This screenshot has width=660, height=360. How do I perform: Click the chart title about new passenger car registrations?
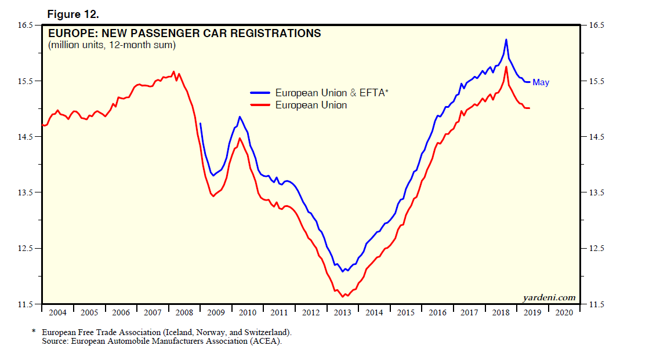pyautogui.click(x=184, y=34)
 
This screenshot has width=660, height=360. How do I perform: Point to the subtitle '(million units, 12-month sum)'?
pyautogui.click(x=112, y=45)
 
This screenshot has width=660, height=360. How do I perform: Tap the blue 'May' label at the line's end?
pyautogui.click(x=541, y=82)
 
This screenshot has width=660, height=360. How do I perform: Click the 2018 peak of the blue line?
pyautogui.click(x=506, y=39)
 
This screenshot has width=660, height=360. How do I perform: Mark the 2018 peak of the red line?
pyautogui.click(x=506, y=67)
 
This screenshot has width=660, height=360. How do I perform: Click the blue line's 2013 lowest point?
pyautogui.click(x=343, y=271)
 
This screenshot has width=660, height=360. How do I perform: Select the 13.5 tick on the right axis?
pyautogui.click(x=597, y=193)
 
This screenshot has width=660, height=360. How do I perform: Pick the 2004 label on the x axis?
pyautogui.click(x=57, y=312)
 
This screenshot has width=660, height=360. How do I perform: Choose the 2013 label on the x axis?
pyautogui.click(x=342, y=312)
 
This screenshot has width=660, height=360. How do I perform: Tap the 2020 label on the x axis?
pyautogui.click(x=564, y=312)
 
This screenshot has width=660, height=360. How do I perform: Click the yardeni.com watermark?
pyautogui.click(x=549, y=298)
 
